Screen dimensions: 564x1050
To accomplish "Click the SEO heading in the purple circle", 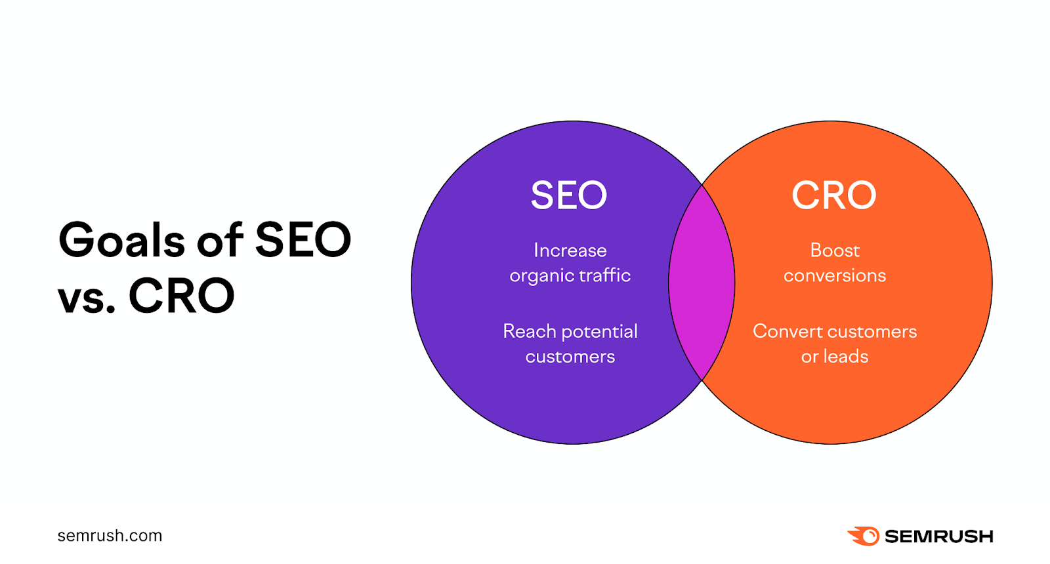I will click(x=569, y=195).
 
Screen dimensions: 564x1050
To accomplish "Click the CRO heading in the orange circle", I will click(x=833, y=195).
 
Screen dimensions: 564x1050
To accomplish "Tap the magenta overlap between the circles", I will click(x=702, y=283).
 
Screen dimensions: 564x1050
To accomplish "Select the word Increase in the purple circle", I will click(x=570, y=251).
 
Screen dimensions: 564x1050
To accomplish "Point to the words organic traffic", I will click(x=570, y=276).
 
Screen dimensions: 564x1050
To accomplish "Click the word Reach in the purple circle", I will click(x=530, y=331).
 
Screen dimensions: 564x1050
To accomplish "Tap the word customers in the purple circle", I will click(x=570, y=357).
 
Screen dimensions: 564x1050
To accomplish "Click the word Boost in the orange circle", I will click(x=834, y=251).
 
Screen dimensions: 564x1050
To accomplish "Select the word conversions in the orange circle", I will click(x=834, y=276).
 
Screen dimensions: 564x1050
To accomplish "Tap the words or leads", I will click(x=834, y=357).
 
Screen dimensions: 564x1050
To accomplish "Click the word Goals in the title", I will click(x=122, y=240).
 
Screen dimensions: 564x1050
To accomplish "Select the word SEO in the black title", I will click(x=303, y=240).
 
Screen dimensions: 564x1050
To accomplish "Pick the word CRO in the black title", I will click(x=181, y=296).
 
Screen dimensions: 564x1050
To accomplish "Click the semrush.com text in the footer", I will click(x=110, y=536).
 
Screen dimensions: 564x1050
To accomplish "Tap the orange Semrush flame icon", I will click(x=864, y=536).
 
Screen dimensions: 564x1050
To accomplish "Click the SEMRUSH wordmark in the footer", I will click(x=938, y=536).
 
